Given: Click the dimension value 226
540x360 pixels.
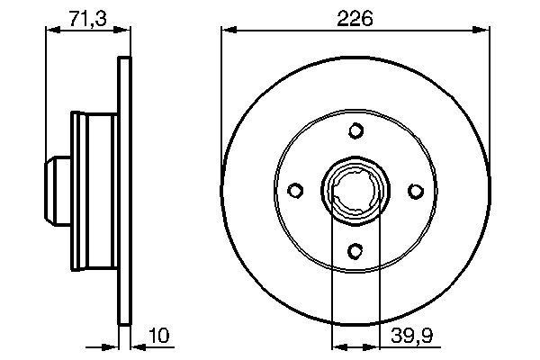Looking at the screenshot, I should pos(355,18).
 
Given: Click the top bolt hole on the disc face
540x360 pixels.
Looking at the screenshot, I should pos(355,131).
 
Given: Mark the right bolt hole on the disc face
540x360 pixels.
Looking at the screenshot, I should pos(415,191).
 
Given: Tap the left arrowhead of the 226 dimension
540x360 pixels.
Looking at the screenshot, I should pos(228,31).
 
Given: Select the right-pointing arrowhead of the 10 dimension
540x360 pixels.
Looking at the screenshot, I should pos(113,345).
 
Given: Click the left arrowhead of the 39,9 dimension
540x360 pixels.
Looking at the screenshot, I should pos(338,345).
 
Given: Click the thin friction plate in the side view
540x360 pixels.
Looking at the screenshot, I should pos(124,192).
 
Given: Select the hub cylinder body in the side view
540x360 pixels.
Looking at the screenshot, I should pos(95,192).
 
